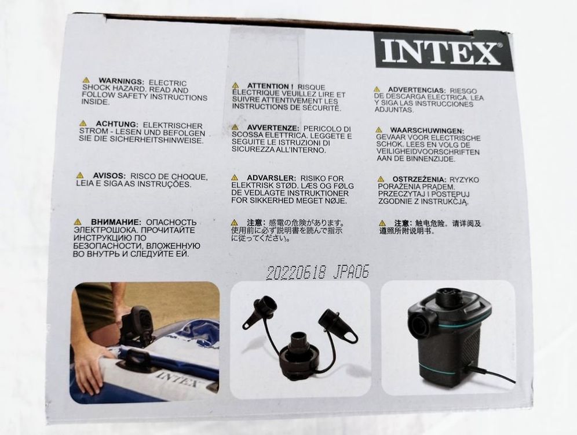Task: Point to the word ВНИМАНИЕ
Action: point(116,223)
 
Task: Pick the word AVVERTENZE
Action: point(273,128)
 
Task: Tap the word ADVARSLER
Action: point(271,178)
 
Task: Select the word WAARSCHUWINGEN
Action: point(427,130)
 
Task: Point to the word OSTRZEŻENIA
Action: point(419,179)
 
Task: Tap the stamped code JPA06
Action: point(350,272)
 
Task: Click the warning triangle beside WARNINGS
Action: point(86,80)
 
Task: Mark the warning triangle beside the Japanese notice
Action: point(235,223)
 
